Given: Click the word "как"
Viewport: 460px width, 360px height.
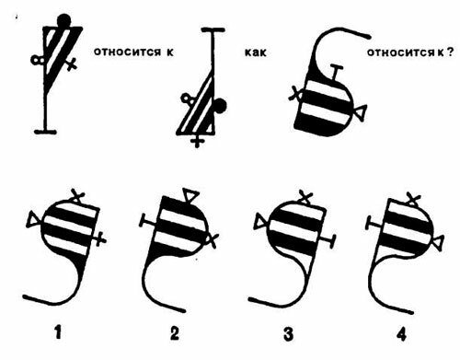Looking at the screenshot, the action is pyautogui.click(x=256, y=52).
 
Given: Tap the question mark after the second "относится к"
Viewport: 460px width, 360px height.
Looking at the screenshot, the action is pyautogui.click(x=449, y=52).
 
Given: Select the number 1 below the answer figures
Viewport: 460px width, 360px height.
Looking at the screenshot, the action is pyautogui.click(x=58, y=332).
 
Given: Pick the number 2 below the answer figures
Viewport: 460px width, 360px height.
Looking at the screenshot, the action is pyautogui.click(x=174, y=332).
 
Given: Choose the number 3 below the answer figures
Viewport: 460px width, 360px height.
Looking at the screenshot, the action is pyautogui.click(x=288, y=333).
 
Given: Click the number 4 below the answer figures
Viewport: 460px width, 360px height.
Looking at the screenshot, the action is pyautogui.click(x=401, y=334).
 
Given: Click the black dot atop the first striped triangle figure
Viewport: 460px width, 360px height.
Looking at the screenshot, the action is pyautogui.click(x=64, y=20).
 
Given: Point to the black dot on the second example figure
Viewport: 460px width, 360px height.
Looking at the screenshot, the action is pyautogui.click(x=220, y=106).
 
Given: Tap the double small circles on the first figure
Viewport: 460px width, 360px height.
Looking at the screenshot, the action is pyautogui.click(x=38, y=60).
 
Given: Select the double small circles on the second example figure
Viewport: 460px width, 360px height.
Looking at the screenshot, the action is pyautogui.click(x=187, y=99).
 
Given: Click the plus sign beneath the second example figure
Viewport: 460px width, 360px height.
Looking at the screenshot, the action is pyautogui.click(x=197, y=142).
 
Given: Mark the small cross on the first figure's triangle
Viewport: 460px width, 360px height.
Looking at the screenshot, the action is pyautogui.click(x=72, y=64).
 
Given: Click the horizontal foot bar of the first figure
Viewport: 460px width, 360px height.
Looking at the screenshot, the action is pyautogui.click(x=45, y=132).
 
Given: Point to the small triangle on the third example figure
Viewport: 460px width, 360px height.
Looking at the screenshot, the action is pyautogui.click(x=362, y=112).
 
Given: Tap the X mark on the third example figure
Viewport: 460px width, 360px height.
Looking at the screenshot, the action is pyautogui.click(x=295, y=93).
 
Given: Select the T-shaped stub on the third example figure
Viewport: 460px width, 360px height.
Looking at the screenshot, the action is pyautogui.click(x=337, y=73).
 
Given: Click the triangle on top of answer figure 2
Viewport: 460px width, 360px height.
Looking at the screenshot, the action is pyautogui.click(x=190, y=195).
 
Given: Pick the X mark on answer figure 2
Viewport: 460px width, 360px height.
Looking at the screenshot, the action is pyautogui.click(x=213, y=238).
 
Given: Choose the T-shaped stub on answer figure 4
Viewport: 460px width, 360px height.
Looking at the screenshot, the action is pyautogui.click(x=374, y=224).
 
